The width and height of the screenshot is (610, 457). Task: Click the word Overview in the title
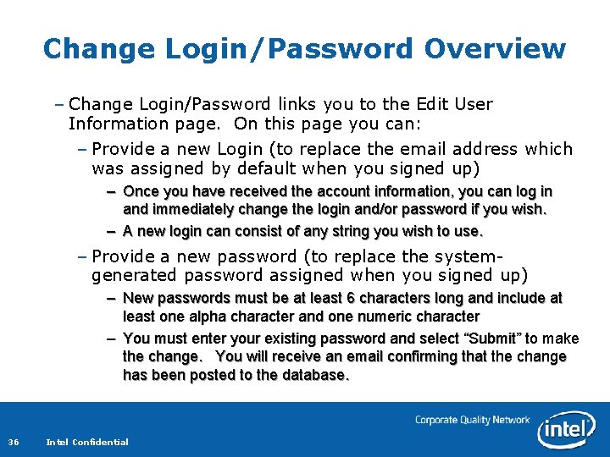tap(495, 48)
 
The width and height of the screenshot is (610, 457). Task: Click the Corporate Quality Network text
tap(472, 420)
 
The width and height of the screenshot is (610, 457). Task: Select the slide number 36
tap(14, 442)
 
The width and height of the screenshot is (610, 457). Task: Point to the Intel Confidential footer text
tap(87, 442)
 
